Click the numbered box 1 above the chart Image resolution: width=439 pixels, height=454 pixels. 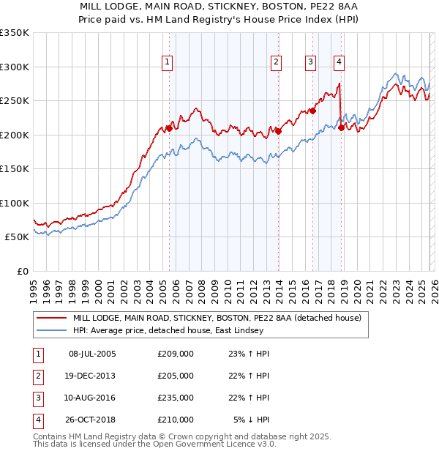coord(168,62)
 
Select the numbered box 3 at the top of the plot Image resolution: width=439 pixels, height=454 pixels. coord(310,62)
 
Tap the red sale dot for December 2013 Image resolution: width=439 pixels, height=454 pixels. coord(278,132)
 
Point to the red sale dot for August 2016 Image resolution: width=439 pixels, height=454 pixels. coord(312,111)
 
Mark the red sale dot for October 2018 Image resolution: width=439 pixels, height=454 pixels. coord(342,128)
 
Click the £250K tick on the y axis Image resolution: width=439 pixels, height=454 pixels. coord(15,101)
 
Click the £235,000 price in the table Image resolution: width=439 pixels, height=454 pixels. coord(176,398)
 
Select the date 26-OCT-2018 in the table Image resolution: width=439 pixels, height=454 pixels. coord(92,420)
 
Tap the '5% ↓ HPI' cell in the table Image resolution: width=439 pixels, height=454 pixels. coord(252,420)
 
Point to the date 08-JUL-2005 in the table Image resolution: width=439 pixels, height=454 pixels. coord(92,354)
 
